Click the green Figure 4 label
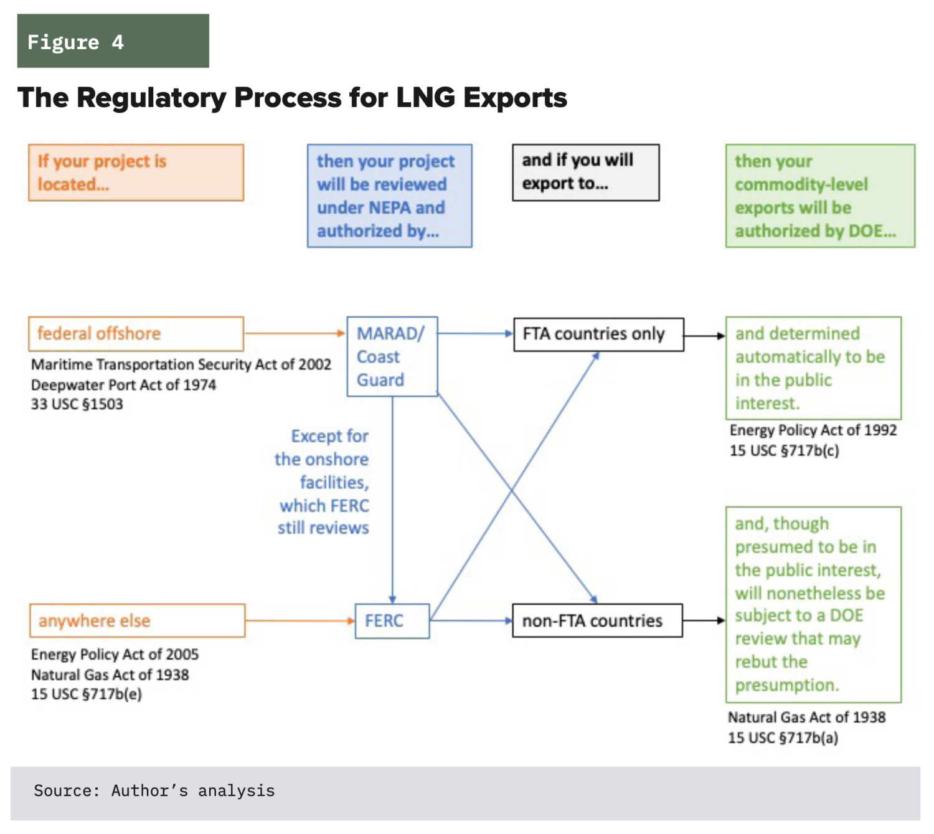tap(113, 41)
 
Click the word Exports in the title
tap(514, 98)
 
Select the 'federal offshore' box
tap(136, 334)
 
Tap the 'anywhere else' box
tap(137, 620)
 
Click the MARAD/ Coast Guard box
tap(392, 356)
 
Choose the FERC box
tap(392, 621)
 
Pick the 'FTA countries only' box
tap(598, 334)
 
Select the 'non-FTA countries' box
tap(597, 620)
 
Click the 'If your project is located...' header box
tap(136, 173)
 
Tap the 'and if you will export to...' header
tap(585, 173)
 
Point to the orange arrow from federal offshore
tap(295, 333)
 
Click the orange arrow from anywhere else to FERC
tap(300, 620)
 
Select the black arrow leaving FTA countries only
tap(704, 336)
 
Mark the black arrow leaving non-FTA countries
tap(704, 620)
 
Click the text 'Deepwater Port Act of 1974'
tap(123, 385)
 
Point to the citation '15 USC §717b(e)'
tap(87, 694)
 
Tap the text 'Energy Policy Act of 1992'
tap(813, 430)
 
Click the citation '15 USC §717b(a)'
tap(783, 738)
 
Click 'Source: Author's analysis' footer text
tap(154, 791)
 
